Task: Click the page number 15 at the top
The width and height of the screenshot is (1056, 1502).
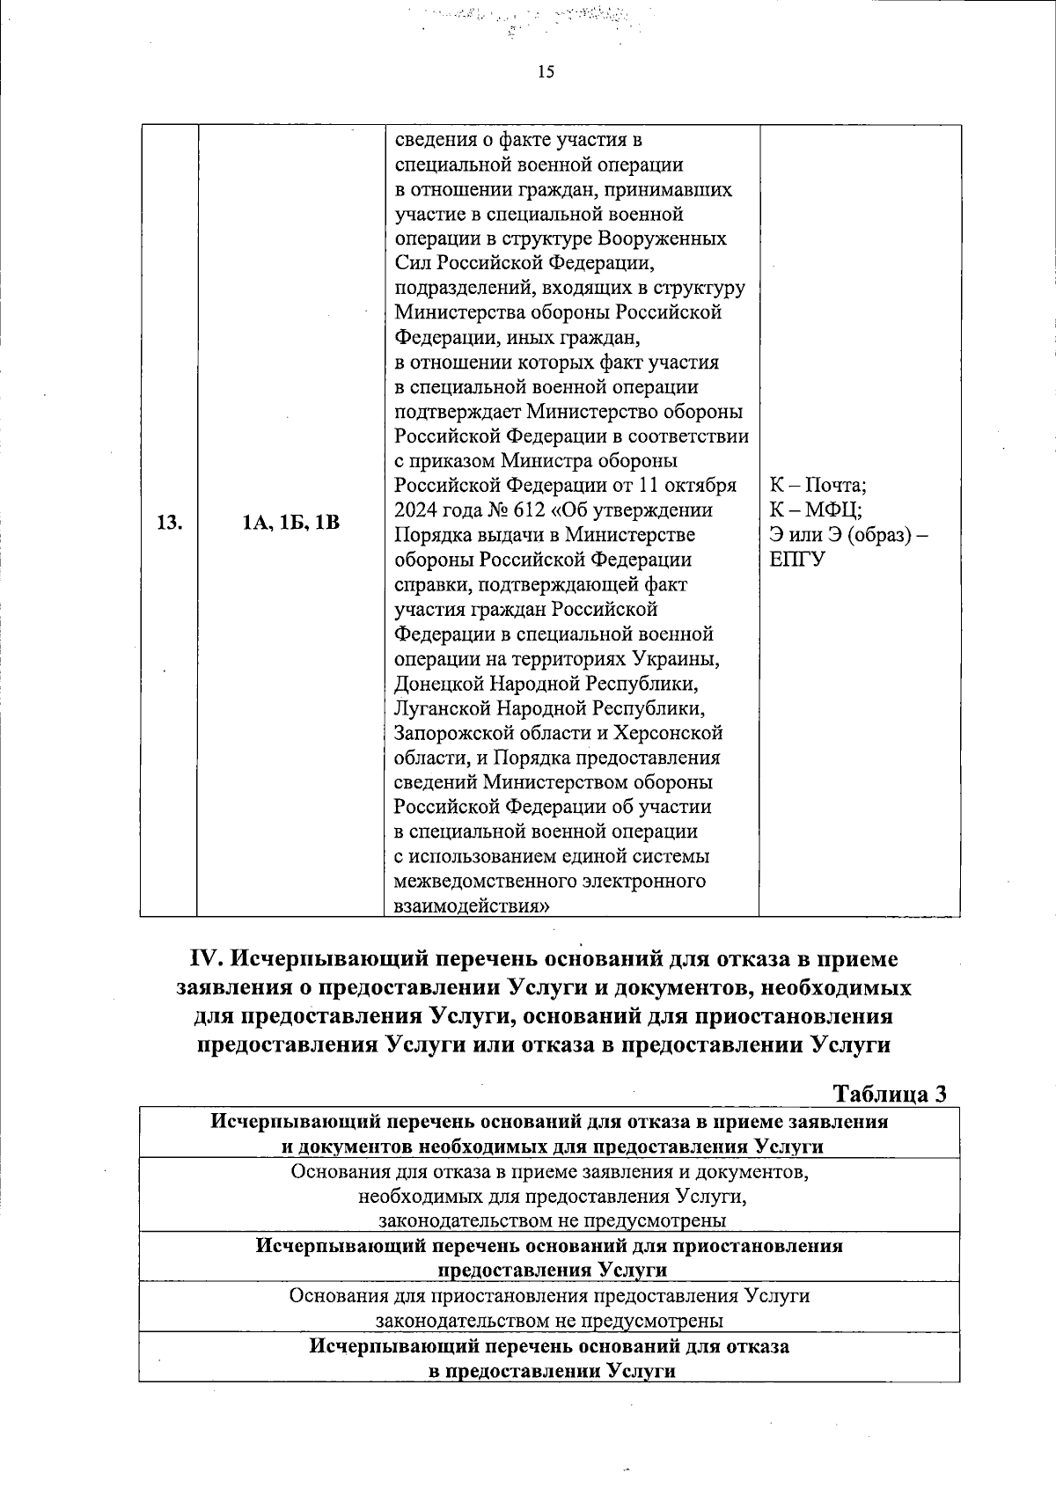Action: pyautogui.click(x=546, y=72)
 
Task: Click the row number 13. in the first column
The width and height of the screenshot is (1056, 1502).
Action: pyautogui.click(x=169, y=523)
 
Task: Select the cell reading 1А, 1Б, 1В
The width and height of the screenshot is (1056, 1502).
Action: pyautogui.click(x=290, y=523)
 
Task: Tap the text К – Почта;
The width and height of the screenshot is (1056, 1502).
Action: pyautogui.click(x=818, y=486)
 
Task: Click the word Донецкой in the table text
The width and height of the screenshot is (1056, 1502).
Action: pyautogui.click(x=432, y=684)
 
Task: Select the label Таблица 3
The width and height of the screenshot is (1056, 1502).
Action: pyautogui.click(x=889, y=1094)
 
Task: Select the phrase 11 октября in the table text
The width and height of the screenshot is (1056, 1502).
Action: pyautogui.click(x=687, y=486)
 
